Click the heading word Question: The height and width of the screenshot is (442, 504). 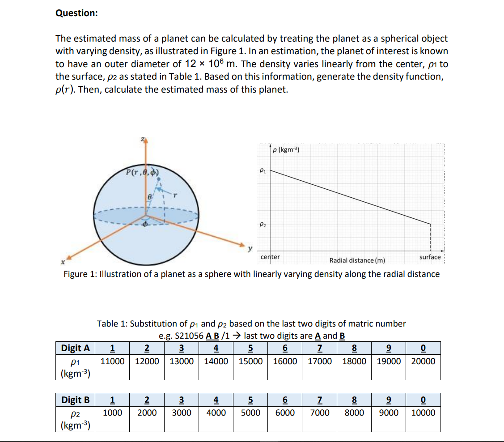pyautogui.click(x=76, y=13)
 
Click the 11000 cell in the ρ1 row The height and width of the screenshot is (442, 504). pyautogui.click(x=112, y=361)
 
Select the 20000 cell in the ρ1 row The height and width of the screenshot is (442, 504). pyautogui.click(x=423, y=361)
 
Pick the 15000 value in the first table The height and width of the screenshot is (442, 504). pyautogui.click(x=250, y=361)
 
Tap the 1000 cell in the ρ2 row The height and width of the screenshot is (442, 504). pyautogui.click(x=112, y=412)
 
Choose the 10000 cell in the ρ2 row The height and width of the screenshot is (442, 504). pyautogui.click(x=423, y=412)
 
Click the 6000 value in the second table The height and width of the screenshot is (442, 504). pyautogui.click(x=285, y=412)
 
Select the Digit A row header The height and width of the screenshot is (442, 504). pyautogui.click(x=75, y=348)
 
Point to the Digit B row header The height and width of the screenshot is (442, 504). pyautogui.click(x=75, y=399)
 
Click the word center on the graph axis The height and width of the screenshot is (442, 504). pyautogui.click(x=270, y=257)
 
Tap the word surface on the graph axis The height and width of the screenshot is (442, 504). pyautogui.click(x=430, y=257)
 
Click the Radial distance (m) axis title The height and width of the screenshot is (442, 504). pyautogui.click(x=357, y=260)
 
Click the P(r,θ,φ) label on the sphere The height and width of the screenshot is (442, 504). pyautogui.click(x=143, y=171)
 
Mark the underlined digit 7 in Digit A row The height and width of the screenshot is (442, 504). pyautogui.click(x=319, y=348)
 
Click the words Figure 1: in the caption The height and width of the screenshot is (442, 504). pyautogui.click(x=81, y=274)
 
